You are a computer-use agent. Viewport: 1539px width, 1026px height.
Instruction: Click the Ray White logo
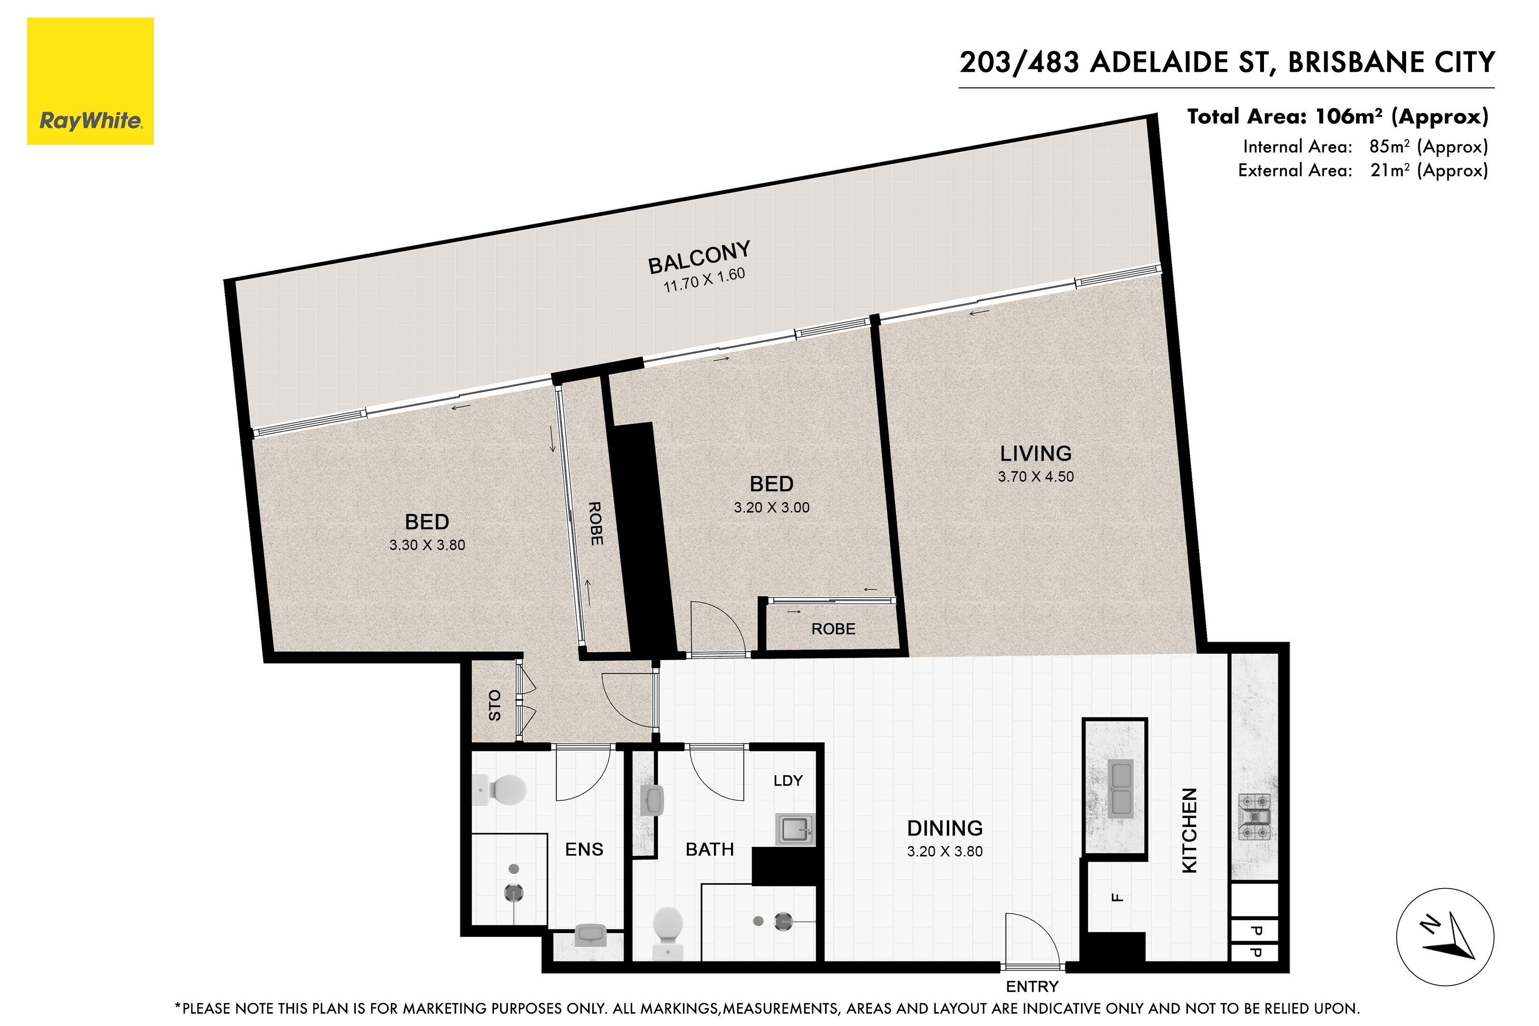coord(90,81)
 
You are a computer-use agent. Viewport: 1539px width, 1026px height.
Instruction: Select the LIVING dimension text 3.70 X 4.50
coord(1036,477)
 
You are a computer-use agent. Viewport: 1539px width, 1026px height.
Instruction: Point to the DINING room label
coord(945,828)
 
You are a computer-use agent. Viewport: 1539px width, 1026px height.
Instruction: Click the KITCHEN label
coord(1189,830)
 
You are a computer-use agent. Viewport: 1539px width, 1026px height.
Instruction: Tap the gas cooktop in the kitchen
coord(1254,817)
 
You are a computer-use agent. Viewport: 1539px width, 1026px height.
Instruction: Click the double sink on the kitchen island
coord(1121,788)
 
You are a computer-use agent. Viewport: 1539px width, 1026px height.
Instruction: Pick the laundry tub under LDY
coord(795,830)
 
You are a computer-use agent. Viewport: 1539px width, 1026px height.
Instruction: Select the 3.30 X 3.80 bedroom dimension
coord(427,545)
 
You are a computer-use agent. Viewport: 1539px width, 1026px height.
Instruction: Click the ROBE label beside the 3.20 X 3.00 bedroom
coord(833,629)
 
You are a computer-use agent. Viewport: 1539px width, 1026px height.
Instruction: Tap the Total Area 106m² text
coord(1338,116)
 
